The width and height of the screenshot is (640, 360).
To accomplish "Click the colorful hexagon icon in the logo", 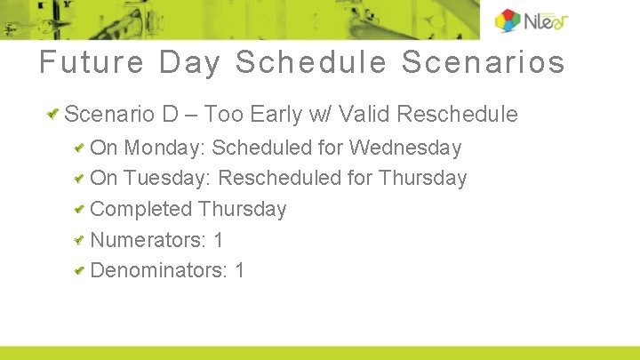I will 508,20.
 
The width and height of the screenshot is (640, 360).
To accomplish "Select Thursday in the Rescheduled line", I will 422,178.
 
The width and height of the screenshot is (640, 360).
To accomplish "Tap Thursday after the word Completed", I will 242,209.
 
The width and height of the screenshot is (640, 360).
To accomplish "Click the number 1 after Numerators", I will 219,240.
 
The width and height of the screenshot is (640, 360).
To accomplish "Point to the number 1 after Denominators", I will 240,270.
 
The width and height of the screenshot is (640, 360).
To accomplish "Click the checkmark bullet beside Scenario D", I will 54,114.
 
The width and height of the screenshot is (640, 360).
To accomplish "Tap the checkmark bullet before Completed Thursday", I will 79,209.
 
